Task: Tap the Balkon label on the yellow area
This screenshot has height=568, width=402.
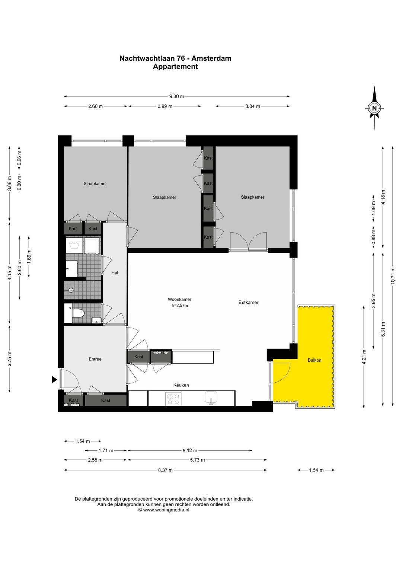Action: (314, 360)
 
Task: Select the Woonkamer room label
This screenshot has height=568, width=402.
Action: (179, 300)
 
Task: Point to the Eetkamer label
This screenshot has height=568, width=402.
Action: (248, 302)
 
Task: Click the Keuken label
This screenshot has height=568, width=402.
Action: (181, 385)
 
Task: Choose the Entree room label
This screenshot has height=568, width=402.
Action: (95, 359)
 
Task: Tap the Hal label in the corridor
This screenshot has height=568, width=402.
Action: (115, 273)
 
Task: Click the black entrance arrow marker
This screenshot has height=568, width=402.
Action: (54, 380)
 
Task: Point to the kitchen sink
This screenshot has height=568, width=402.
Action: (211, 398)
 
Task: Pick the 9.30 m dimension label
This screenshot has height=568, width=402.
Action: (177, 96)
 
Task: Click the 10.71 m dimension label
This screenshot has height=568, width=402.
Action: (393, 276)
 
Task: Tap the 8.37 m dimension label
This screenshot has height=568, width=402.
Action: (165, 470)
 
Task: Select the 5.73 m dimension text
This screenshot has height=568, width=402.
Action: (197, 460)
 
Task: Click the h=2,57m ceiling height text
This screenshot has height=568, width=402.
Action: (179, 306)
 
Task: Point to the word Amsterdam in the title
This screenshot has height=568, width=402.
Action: (211, 58)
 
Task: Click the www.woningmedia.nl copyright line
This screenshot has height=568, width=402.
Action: (163, 510)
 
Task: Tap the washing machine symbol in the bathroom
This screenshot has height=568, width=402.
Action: (74, 245)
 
